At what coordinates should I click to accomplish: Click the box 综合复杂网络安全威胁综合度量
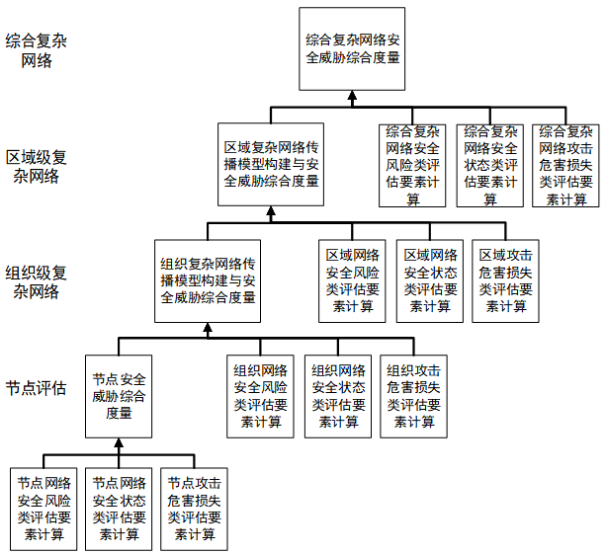[x=352, y=49]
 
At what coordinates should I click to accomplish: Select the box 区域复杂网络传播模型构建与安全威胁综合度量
[x=271, y=165]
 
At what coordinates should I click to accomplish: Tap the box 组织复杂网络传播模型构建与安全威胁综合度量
[x=208, y=281]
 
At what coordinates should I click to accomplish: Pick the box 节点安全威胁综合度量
[x=119, y=396]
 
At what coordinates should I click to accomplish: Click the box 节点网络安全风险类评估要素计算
[x=43, y=510]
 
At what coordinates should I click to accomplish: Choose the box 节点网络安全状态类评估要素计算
[x=119, y=510]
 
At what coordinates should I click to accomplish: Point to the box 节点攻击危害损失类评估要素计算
[x=194, y=510]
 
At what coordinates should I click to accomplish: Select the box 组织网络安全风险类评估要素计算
[x=260, y=396]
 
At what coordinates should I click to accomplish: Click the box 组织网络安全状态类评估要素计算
[x=338, y=396]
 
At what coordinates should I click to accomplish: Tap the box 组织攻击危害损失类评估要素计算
[x=413, y=396]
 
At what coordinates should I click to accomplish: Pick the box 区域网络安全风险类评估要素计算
[x=352, y=281]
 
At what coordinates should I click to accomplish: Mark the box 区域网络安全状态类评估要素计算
[x=430, y=281]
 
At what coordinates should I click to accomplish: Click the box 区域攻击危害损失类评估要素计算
[x=505, y=281]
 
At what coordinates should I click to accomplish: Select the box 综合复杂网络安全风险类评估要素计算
[x=412, y=166]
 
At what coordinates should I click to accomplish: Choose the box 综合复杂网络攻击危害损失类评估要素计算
[x=565, y=166]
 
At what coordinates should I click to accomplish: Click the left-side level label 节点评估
[x=36, y=388]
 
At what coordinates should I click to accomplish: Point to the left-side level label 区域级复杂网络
[x=36, y=167]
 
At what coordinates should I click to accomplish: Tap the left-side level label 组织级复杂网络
[x=36, y=282]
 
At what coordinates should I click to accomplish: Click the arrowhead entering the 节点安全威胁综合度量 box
[x=119, y=442]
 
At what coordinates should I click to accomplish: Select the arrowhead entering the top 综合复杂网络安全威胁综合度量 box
[x=352, y=96]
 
